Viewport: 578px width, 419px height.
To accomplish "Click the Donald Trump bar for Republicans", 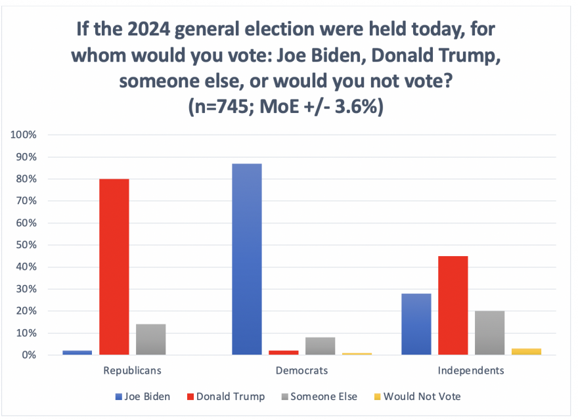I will (114, 267).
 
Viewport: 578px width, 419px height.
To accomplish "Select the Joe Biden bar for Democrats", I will (247, 259).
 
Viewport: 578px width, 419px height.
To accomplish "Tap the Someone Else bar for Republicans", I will (150, 340).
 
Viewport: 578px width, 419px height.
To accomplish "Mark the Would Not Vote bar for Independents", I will (526, 352).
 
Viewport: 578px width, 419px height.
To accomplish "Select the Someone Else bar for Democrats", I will (320, 346).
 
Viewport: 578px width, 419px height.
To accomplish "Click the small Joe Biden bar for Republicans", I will (77, 353).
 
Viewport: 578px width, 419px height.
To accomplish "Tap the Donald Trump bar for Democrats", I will (284, 353).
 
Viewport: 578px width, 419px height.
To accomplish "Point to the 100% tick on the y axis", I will (24, 135).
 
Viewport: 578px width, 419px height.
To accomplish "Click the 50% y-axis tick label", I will (26, 245).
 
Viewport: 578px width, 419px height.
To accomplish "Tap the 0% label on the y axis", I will (29, 355).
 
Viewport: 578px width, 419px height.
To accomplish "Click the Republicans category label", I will (132, 370).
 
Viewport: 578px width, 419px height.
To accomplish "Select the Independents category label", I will (471, 370).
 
